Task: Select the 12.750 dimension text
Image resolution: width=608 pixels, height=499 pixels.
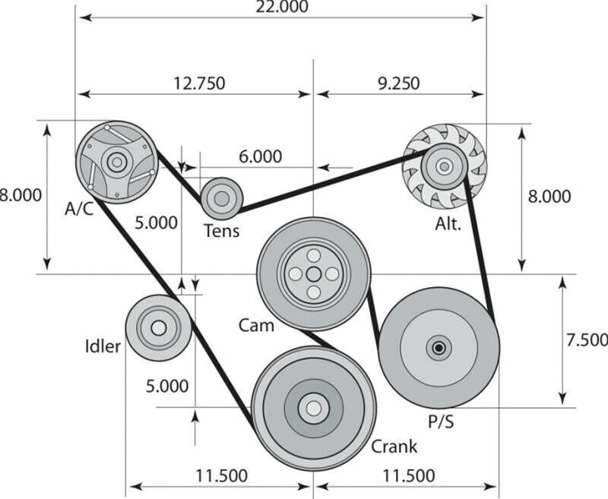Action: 195,84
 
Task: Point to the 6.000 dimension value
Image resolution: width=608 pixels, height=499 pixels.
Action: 260,156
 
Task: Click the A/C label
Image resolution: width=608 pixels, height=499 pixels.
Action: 80,209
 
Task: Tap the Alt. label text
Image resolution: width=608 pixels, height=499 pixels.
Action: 448,225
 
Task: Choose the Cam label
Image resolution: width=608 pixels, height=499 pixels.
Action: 256,325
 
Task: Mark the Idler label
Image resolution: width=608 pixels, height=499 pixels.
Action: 103,347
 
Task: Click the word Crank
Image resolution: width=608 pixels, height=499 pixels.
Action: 394,447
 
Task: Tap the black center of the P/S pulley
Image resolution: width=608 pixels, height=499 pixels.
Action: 439,349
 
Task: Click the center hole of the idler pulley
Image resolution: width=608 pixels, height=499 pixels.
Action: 158,328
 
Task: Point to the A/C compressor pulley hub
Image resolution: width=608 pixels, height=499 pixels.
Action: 116,162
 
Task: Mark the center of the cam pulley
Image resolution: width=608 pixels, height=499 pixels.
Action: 313,274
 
